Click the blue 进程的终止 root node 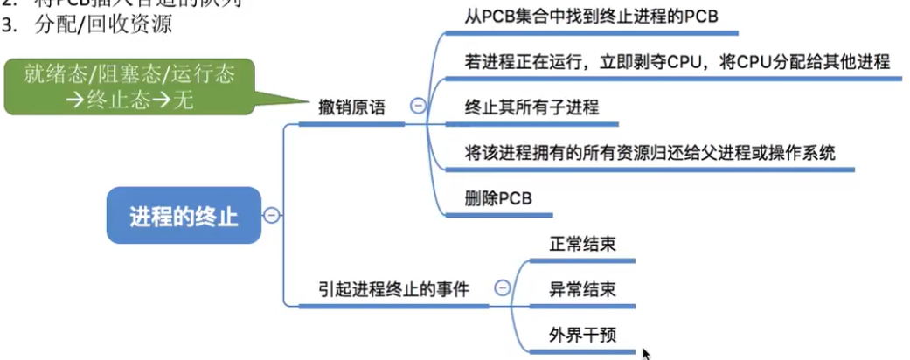pos(184,216)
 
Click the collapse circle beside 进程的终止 pos(272,215)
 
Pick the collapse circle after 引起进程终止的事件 pos(502,287)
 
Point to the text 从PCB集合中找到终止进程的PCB pos(592,17)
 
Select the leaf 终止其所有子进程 pos(531,108)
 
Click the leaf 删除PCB pos(498,198)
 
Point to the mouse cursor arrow pos(646,352)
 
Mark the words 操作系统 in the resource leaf pos(804,153)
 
